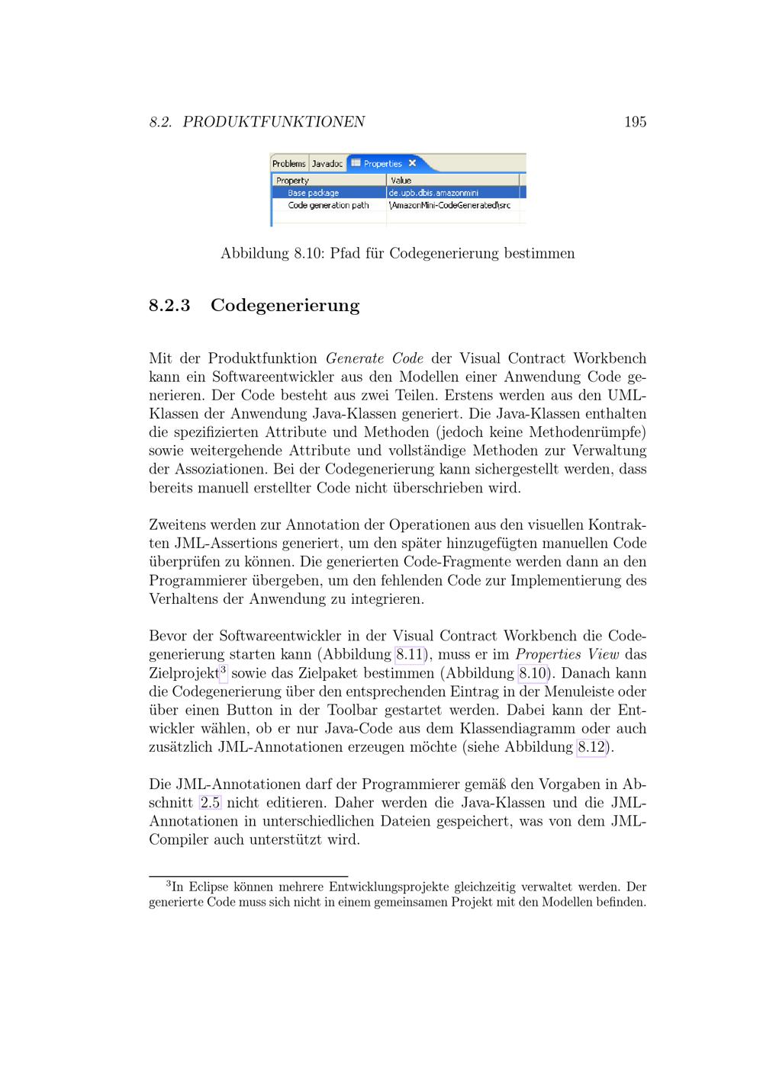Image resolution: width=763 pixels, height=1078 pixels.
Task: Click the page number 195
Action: click(635, 122)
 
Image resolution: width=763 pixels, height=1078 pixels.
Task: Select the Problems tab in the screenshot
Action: click(289, 164)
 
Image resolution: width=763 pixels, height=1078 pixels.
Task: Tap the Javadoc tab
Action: click(327, 164)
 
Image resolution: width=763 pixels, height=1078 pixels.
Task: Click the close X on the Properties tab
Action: click(413, 163)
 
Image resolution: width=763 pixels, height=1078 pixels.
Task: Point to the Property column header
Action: click(293, 181)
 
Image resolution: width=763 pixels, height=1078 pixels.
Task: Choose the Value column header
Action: click(401, 181)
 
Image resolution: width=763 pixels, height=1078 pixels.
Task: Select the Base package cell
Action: click(314, 193)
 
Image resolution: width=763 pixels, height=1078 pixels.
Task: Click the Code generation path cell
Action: click(328, 205)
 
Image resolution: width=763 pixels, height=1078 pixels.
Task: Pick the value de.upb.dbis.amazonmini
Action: click(433, 193)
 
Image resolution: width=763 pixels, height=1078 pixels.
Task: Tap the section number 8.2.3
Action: click(169, 306)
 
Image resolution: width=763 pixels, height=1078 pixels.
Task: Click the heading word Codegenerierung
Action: click(285, 306)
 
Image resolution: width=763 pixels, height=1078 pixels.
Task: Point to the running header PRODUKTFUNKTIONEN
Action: click(273, 122)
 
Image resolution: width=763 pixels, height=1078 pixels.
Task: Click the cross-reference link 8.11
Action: click(410, 655)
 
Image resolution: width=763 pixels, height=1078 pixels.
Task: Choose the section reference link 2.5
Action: click(210, 803)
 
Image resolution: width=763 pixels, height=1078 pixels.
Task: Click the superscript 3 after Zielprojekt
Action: click(224, 669)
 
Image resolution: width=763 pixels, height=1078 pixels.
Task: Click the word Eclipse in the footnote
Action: click(208, 887)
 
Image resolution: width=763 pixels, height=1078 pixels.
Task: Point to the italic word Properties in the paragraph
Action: click(548, 655)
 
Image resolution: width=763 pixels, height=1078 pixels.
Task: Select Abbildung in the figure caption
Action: click(255, 254)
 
